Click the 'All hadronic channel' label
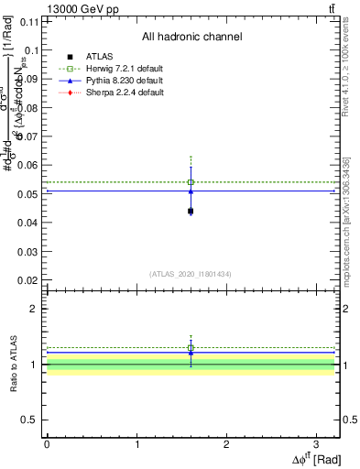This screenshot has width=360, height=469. click(191, 37)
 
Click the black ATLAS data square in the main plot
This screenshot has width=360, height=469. click(191, 212)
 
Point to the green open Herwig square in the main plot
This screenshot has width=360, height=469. click(191, 182)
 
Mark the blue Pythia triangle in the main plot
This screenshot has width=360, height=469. click(191, 191)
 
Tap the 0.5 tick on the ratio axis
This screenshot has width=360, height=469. click(34, 420)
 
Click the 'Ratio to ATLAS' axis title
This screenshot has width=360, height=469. click(11, 366)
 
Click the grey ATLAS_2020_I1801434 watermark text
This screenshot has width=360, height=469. click(191, 274)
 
